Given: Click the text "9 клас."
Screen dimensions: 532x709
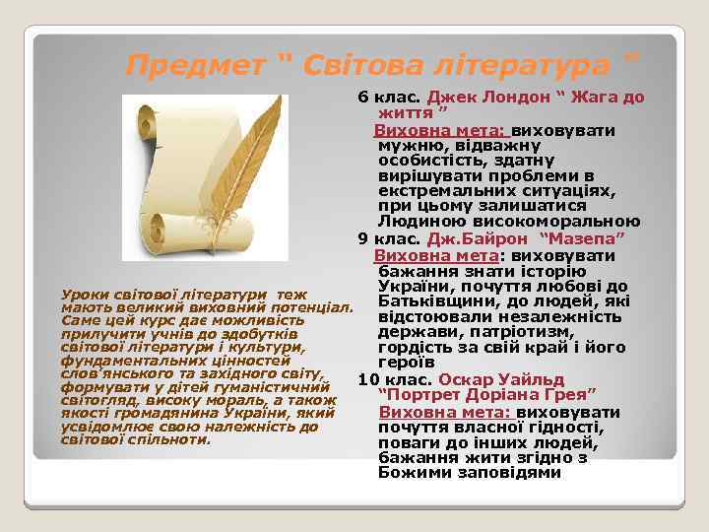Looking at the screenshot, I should (x=389, y=238).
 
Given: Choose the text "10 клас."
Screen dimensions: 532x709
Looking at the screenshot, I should (x=394, y=380).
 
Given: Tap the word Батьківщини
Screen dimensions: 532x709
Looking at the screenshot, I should (x=432, y=300).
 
